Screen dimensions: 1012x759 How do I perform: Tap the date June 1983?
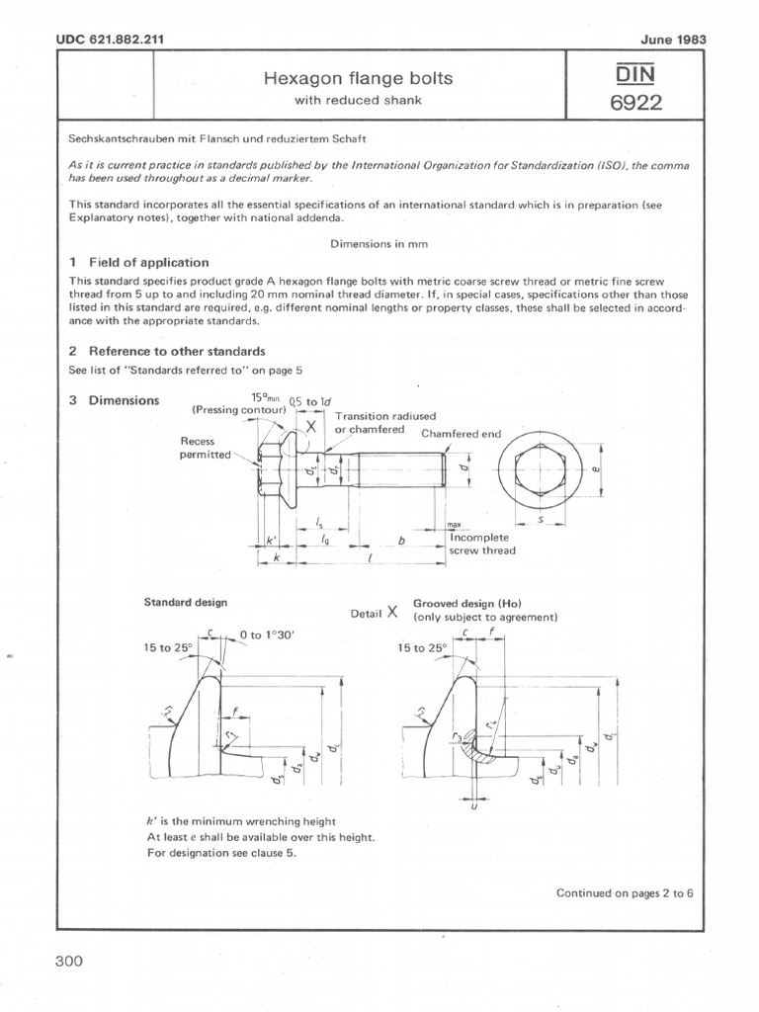coord(667,39)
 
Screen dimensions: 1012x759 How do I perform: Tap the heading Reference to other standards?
coord(176,351)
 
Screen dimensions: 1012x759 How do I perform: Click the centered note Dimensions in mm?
coord(378,243)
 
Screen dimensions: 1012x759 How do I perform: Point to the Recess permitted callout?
coord(204,448)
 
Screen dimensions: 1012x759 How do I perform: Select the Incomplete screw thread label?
coord(481,544)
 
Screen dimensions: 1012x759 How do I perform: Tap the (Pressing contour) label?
coord(238,409)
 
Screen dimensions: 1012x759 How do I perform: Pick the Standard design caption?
coord(186,602)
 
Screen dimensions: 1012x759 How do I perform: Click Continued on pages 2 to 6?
coord(625,892)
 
